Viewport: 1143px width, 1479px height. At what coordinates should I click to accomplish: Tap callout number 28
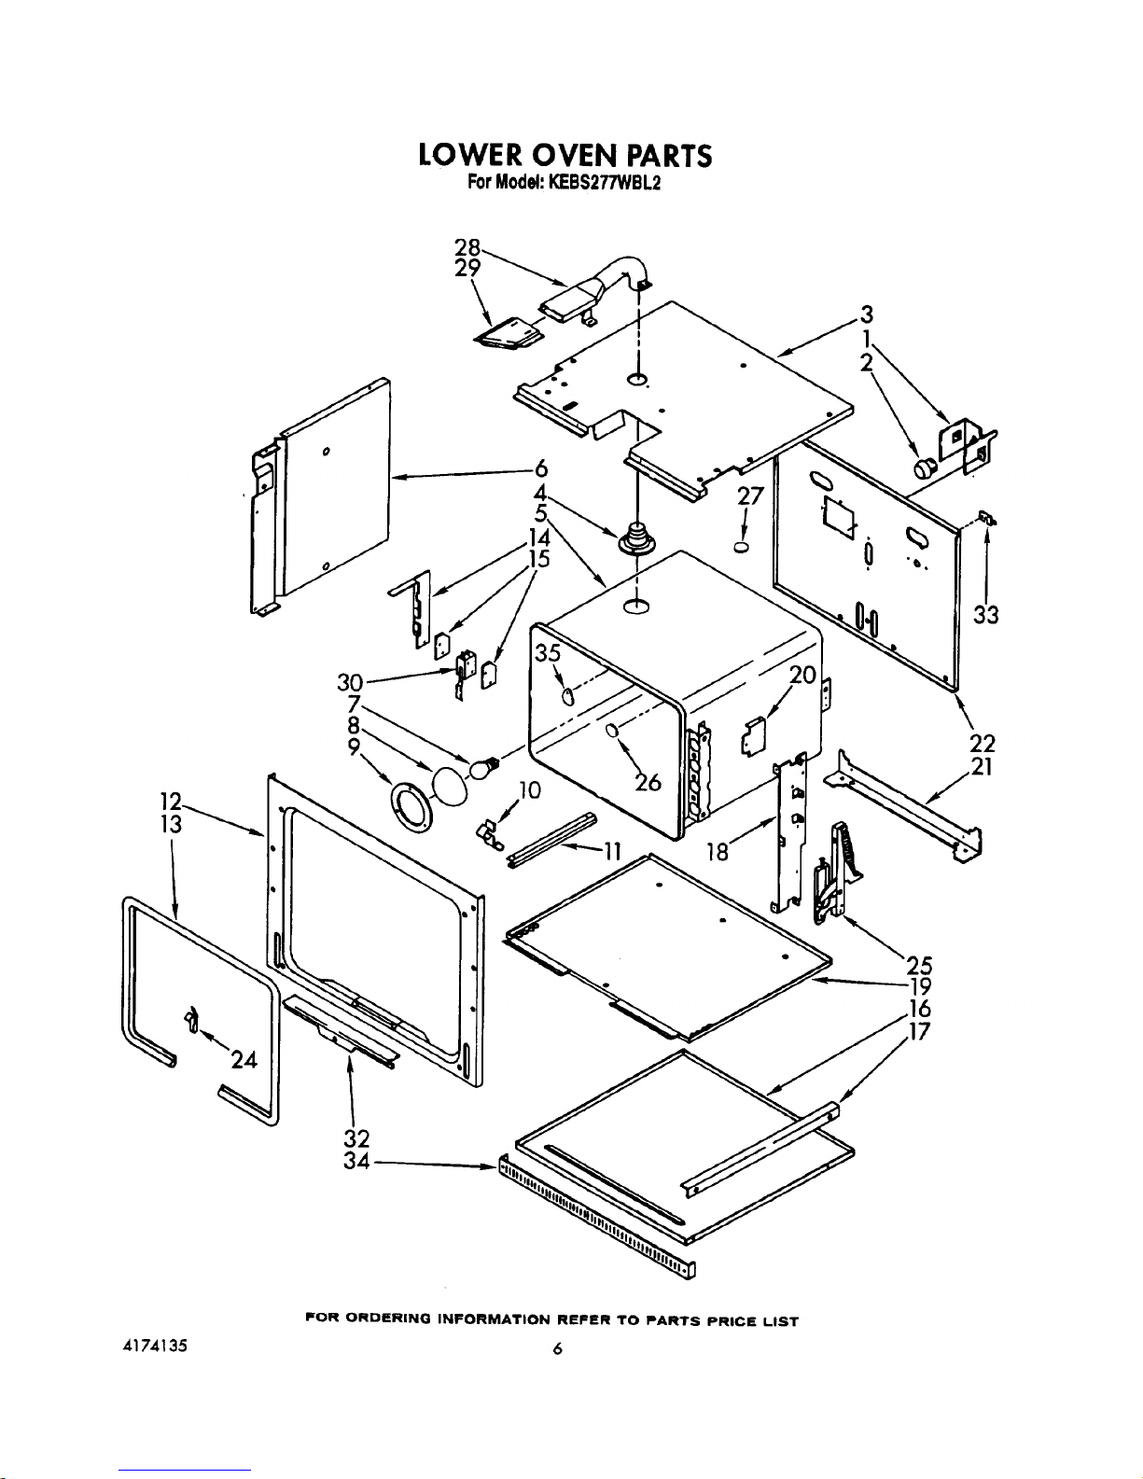467,247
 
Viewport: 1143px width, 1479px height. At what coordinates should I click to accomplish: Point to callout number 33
986,614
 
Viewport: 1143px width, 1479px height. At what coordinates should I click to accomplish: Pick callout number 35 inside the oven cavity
548,653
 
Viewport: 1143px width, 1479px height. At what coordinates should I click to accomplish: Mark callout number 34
356,1162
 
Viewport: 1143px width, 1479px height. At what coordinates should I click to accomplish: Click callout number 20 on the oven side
802,675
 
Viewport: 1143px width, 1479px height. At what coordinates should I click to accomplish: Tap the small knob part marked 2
924,468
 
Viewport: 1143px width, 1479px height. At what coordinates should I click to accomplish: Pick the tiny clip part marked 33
985,518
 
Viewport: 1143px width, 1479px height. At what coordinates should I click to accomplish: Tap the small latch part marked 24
192,1019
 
